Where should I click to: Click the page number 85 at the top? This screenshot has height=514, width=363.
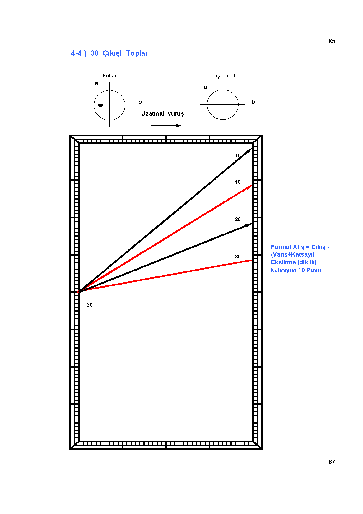332,41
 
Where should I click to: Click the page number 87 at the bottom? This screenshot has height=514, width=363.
332,462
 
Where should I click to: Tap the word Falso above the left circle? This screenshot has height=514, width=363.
109,76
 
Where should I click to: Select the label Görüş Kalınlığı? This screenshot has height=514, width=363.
223,76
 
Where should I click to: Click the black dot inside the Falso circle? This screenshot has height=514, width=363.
100,105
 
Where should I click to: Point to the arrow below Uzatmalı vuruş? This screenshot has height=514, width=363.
166,126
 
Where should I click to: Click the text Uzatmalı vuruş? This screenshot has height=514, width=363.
163,114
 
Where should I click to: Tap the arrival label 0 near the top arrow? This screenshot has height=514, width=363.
238,155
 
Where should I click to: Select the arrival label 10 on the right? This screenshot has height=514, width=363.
238,182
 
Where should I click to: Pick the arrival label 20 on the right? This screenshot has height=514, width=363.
238,219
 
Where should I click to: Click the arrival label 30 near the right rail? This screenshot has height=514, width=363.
238,257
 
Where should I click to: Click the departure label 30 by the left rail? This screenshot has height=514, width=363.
90,305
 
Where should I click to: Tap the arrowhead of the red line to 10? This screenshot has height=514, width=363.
249,187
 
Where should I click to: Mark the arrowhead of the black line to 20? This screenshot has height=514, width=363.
249,225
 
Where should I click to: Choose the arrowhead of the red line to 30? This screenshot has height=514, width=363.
249,261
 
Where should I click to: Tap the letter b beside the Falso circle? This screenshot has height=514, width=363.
140,102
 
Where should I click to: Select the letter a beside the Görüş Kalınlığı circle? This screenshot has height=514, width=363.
205,87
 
